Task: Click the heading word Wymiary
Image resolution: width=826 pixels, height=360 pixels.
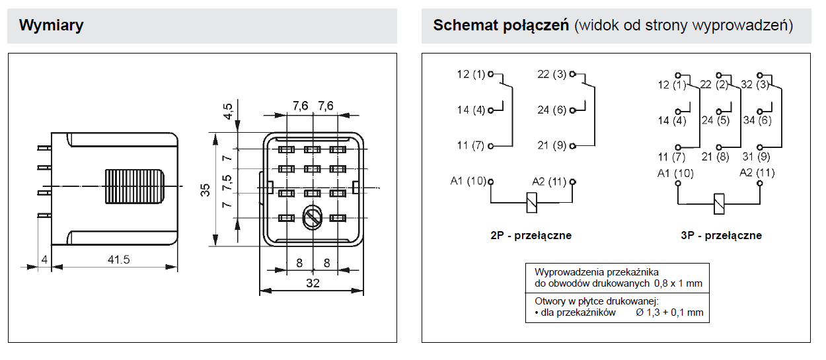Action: point(52,25)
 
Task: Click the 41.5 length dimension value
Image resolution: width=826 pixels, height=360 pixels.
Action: point(119,260)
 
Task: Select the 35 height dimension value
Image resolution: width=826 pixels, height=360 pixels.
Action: point(205,190)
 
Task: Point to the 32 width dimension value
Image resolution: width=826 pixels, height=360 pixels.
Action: point(313,283)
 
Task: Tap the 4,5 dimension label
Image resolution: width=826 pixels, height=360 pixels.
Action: point(227,112)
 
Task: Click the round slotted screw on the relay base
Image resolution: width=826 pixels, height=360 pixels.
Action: point(313,218)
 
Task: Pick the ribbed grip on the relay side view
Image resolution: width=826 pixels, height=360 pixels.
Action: point(135,186)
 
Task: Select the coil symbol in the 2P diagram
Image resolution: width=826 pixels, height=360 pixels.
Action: point(531,203)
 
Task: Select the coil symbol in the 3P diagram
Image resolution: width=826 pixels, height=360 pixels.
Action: point(719,203)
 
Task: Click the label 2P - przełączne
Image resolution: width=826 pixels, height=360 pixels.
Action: point(531,235)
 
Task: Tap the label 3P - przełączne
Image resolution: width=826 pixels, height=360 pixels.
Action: point(722,235)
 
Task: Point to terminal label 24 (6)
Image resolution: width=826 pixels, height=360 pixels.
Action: point(551,110)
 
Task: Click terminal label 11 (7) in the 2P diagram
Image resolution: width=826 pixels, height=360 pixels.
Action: point(470,145)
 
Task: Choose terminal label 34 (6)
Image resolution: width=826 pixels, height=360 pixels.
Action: point(757,120)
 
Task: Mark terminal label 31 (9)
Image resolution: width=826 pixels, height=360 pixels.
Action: point(756,157)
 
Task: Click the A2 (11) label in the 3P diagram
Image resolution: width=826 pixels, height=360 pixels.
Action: point(757,173)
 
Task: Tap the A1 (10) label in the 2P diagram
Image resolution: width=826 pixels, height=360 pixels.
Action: point(469,181)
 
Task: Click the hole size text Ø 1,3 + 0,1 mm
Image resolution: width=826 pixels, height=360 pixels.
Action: point(669,313)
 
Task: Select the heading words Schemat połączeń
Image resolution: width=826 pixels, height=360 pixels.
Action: point(501,25)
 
